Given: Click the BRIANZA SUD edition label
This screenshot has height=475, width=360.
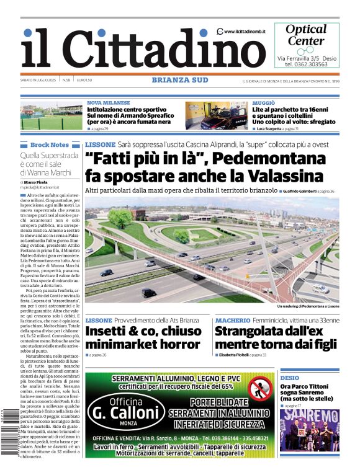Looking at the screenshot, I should tap(179, 80).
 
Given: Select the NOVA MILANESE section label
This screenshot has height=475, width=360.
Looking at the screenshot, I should tap(109, 103).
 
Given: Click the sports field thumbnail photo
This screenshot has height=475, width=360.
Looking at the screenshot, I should tap(52, 116).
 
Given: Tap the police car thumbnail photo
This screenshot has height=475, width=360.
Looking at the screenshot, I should tap(217, 116).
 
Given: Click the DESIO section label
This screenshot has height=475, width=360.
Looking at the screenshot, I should tap(289, 378).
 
